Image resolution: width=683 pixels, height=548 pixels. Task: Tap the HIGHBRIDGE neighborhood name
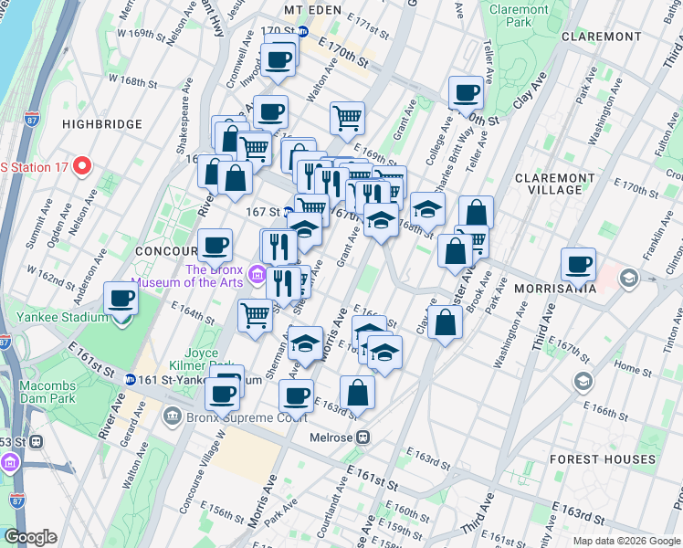pyautogui.click(x=102, y=124)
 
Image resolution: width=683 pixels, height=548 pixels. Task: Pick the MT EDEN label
pyautogui.click(x=306, y=9)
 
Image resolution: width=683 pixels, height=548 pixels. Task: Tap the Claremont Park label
pyautogui.click(x=519, y=16)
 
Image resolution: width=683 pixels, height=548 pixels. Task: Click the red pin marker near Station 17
pyautogui.click(x=81, y=165)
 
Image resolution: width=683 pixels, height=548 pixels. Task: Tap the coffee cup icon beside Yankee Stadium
pyautogui.click(x=121, y=298)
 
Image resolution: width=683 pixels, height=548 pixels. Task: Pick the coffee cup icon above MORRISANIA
pyautogui.click(x=578, y=264)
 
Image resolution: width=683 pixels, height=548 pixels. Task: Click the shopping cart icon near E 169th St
pyautogui.click(x=347, y=118)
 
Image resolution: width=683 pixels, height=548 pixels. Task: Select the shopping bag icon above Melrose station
pyautogui.click(x=358, y=393)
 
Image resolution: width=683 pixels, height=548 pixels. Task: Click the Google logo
pyautogui.click(x=30, y=538)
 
